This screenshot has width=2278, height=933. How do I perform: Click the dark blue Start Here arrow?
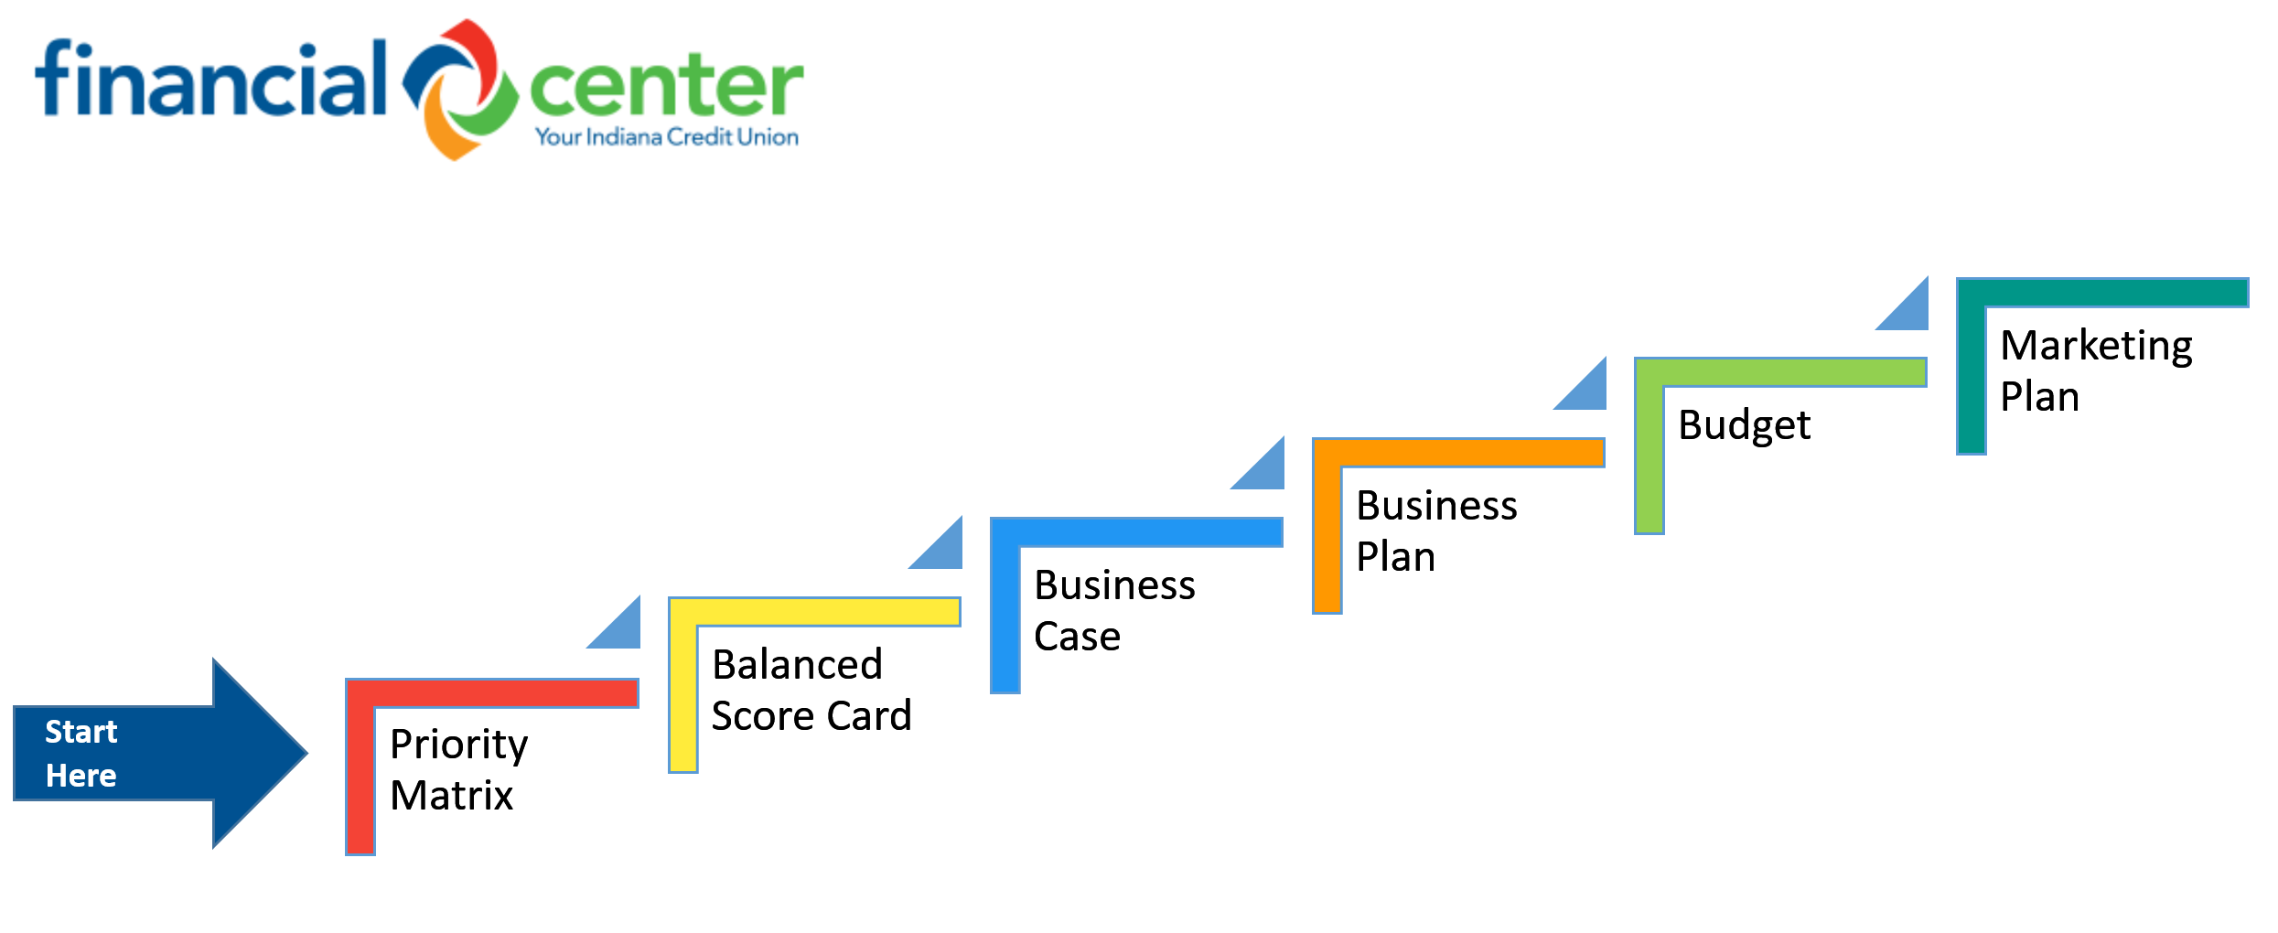161,753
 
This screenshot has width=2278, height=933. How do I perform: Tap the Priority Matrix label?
458,769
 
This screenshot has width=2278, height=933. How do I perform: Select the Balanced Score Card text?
811,690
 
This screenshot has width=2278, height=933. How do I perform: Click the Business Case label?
1114,610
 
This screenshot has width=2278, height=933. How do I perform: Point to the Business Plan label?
1436,531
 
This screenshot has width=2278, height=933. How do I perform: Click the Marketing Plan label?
2096,370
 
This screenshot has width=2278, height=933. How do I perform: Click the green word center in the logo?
666,87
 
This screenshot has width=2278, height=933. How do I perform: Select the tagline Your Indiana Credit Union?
667,137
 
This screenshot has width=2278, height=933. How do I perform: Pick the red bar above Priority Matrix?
492,693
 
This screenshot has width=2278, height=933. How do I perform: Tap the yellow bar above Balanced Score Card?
814,612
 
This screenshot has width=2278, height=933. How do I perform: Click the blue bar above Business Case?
1137,532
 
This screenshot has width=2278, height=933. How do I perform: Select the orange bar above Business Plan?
1459,453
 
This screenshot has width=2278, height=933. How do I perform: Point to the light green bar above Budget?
1781,372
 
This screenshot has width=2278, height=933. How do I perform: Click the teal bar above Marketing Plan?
2103,293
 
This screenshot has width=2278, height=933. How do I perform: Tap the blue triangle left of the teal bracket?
1910,312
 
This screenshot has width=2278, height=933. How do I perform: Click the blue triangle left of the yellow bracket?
622,631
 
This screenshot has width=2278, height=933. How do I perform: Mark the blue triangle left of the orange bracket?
1266,472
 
